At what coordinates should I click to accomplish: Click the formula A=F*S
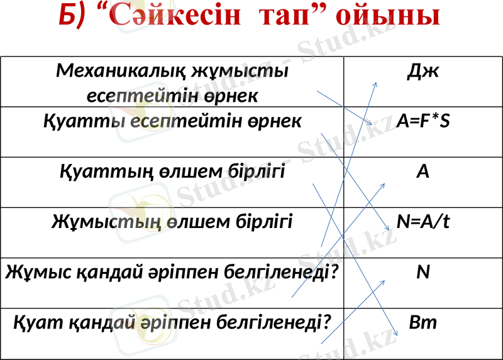(423, 121)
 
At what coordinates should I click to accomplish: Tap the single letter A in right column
(423, 171)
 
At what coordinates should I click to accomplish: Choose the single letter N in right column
(423, 272)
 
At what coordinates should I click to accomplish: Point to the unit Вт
(423, 323)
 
